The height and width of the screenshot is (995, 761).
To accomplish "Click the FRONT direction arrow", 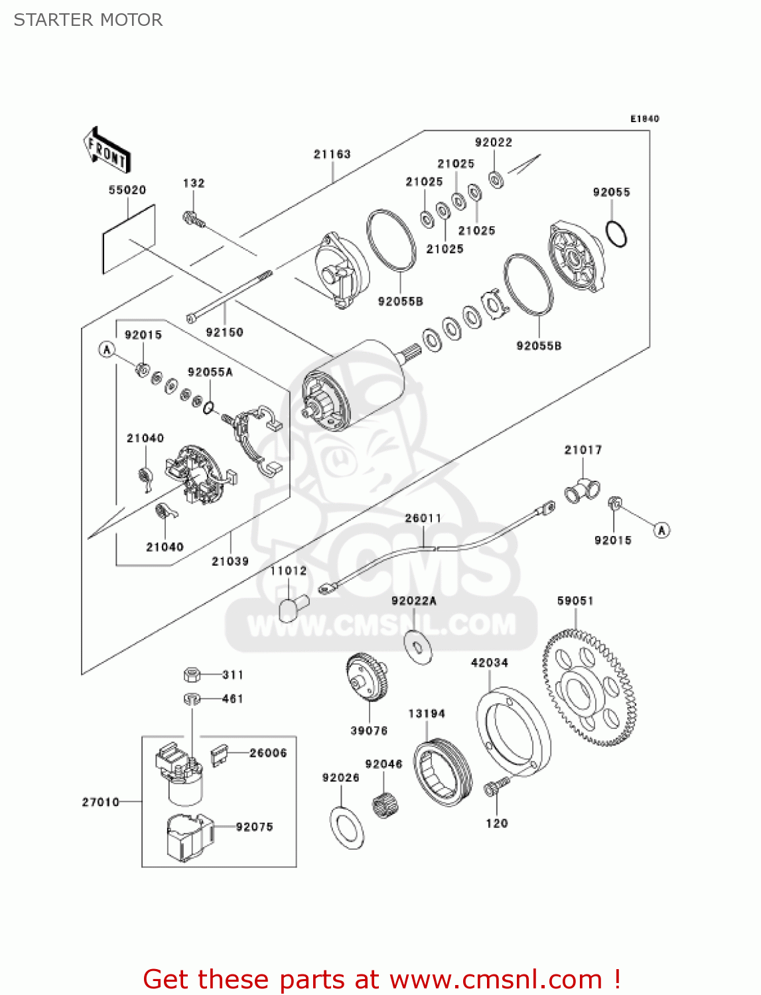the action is (107, 151).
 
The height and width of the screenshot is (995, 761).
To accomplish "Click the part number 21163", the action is (332, 154).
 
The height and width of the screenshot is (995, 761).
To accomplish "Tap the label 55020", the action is (127, 190).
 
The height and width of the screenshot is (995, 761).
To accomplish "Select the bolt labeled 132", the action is (194, 220).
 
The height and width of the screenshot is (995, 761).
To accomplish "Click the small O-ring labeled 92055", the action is (616, 234).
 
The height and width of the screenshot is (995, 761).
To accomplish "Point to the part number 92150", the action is (224, 332).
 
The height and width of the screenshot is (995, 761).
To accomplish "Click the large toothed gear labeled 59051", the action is (589, 687).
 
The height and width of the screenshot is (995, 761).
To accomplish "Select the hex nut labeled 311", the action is (192, 675).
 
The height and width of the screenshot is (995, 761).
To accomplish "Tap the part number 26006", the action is (268, 753).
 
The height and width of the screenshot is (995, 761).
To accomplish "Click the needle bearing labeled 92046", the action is (385, 805).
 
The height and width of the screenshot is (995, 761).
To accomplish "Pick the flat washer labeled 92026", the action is (347, 828).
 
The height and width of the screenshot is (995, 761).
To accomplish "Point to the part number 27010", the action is (100, 802).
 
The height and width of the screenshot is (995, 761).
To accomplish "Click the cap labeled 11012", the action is (294, 608).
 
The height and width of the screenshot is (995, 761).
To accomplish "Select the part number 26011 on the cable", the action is (423, 517).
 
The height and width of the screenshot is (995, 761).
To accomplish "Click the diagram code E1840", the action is (644, 119).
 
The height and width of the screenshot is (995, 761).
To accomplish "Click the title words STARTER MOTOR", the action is (88, 20).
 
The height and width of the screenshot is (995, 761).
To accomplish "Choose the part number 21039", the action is (230, 561).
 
